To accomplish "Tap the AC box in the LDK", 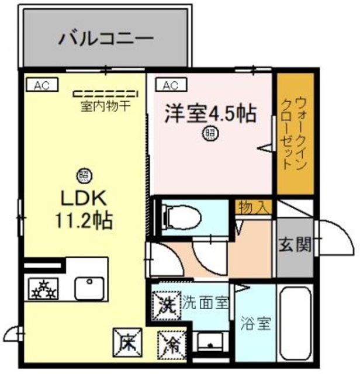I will click(x=41, y=85).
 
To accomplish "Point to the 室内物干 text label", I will click(x=105, y=107).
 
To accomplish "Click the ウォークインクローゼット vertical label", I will click(x=295, y=134).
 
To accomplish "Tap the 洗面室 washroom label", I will click(x=205, y=303).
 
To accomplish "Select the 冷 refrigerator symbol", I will click(x=172, y=342).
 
